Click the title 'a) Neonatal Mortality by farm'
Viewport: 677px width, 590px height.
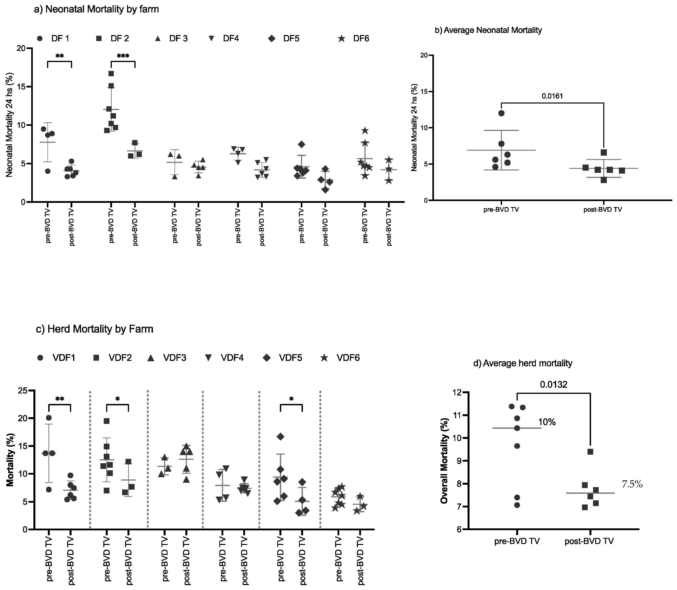(96, 9)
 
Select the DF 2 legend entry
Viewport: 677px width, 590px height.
(113, 39)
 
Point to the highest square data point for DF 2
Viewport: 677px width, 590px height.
(111, 73)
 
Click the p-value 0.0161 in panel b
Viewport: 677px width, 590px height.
(552, 96)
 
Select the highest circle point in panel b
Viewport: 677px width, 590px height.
(501, 113)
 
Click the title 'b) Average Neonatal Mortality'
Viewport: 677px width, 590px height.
(488, 30)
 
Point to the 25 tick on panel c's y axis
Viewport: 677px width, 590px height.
(22, 391)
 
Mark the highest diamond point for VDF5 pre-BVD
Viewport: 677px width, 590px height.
(280, 437)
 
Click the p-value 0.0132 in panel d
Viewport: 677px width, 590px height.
(553, 385)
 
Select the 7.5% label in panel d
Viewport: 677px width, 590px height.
(632, 484)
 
